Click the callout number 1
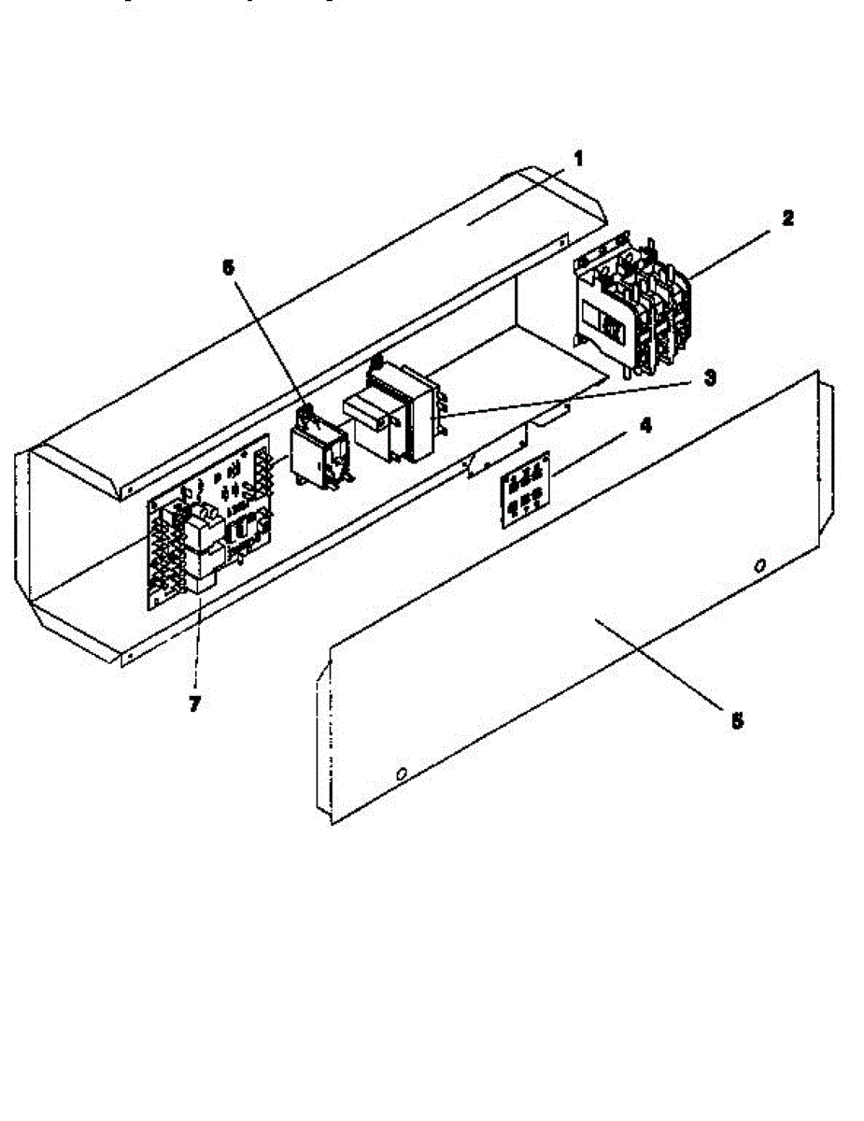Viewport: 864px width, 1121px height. [x=578, y=159]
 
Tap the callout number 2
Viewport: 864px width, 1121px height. [x=787, y=219]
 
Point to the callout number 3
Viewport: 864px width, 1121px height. [x=710, y=377]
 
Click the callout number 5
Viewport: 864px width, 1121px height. [x=737, y=720]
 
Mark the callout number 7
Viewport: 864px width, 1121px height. [x=194, y=704]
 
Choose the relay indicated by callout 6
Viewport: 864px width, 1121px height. [x=318, y=448]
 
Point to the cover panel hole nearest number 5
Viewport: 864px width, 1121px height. [x=759, y=565]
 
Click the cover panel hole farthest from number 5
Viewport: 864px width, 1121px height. [x=401, y=774]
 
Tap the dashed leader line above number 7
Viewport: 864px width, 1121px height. [x=198, y=645]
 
